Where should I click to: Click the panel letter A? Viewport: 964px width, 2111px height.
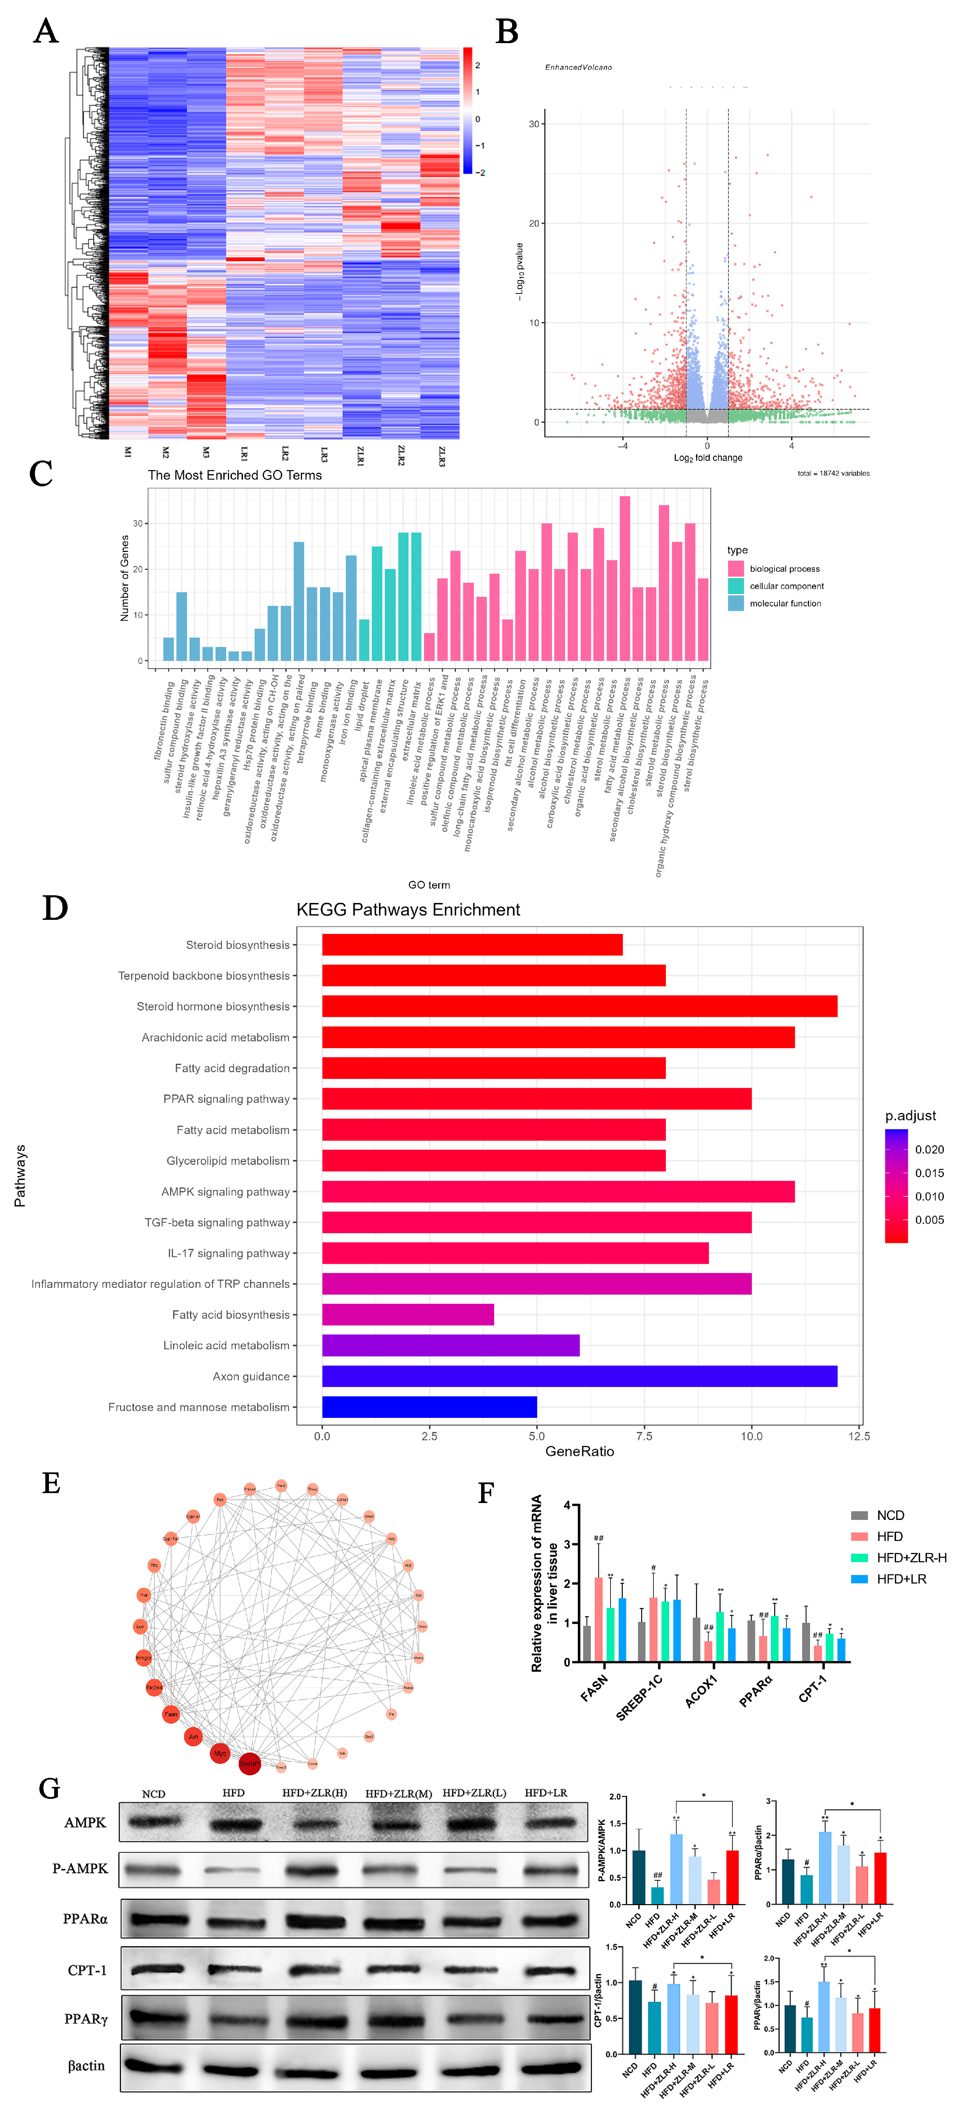coord(46,31)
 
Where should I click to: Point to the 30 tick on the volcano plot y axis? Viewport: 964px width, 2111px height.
coord(534,125)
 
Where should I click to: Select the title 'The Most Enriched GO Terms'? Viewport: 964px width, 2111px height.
coord(234,475)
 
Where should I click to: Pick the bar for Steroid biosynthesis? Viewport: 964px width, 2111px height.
coord(472,945)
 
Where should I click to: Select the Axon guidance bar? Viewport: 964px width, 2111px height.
coord(580,1376)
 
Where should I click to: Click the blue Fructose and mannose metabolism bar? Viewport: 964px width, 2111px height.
coord(430,1407)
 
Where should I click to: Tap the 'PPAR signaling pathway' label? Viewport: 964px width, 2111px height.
coord(226,1099)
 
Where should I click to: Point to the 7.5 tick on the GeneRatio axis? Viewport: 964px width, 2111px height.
coord(644,1436)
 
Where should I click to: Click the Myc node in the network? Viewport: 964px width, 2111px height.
coord(220,1753)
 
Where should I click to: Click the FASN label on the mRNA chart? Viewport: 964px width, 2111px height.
coord(594,1688)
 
